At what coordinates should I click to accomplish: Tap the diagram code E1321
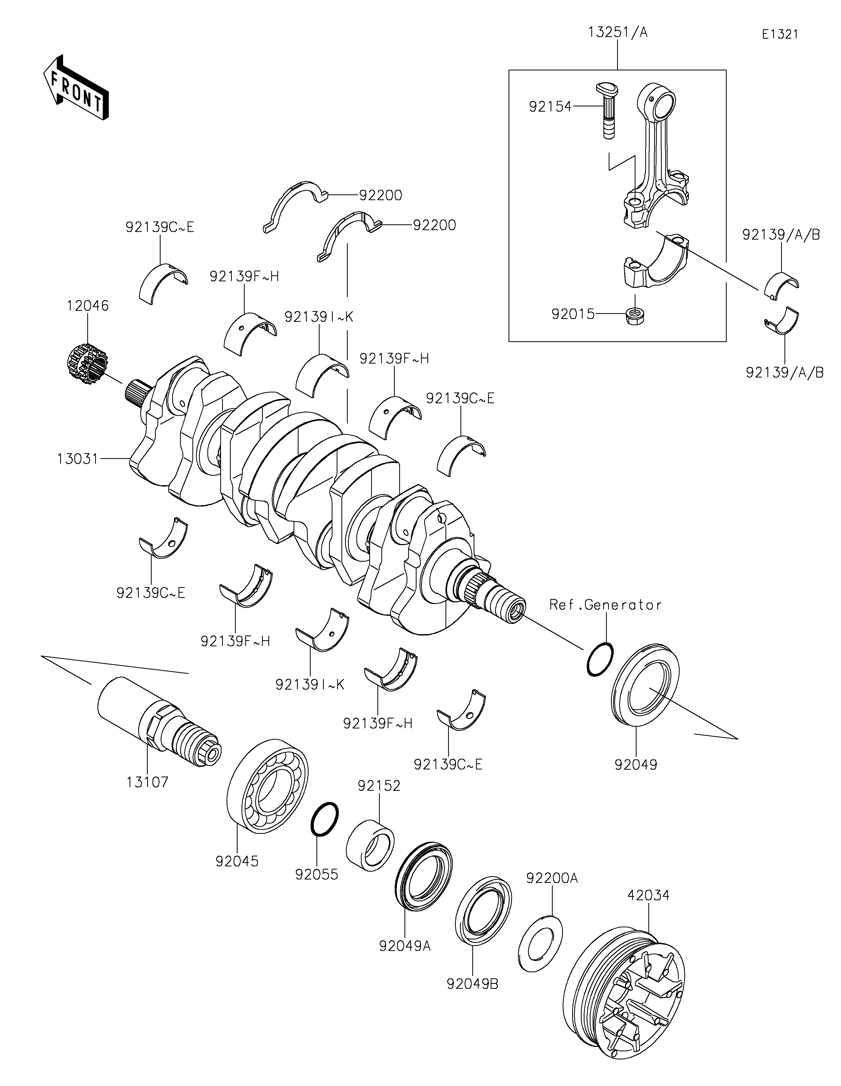click(x=780, y=34)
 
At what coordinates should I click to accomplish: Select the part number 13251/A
click(x=618, y=32)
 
